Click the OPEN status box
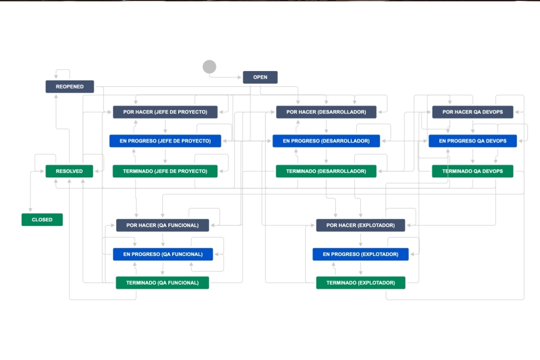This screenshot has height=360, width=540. coord(260,77)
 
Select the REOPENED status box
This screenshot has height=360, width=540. coord(70,86)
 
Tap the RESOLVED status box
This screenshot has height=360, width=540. coord(69,171)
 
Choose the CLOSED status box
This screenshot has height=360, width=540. coord(42,220)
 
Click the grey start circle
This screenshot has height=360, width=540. coord(209,67)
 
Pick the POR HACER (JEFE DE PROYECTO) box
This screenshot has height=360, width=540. coord(165,112)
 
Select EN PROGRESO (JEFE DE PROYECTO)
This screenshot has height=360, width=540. coord(165,141)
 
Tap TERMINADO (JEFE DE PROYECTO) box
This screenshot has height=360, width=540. coord(165,171)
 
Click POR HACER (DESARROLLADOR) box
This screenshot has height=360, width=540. coord(326,112)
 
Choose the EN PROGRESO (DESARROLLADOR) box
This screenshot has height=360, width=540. coord(326,141)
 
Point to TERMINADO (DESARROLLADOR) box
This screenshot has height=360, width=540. coord(326,171)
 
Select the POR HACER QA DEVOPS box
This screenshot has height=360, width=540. coord(473,112)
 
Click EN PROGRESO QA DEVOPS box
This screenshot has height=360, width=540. coord(473,141)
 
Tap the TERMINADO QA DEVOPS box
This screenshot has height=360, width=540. coord(472,171)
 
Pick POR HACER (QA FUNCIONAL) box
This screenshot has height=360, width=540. coord(162,225)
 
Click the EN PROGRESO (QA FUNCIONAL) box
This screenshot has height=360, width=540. coord(163,254)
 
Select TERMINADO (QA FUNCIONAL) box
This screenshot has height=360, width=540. coord(162,283)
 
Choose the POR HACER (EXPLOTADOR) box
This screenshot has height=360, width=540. coord(360,225)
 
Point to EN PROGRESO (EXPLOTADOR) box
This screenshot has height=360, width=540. coord(360,254)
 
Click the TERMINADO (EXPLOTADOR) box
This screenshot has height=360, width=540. coord(360,283)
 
